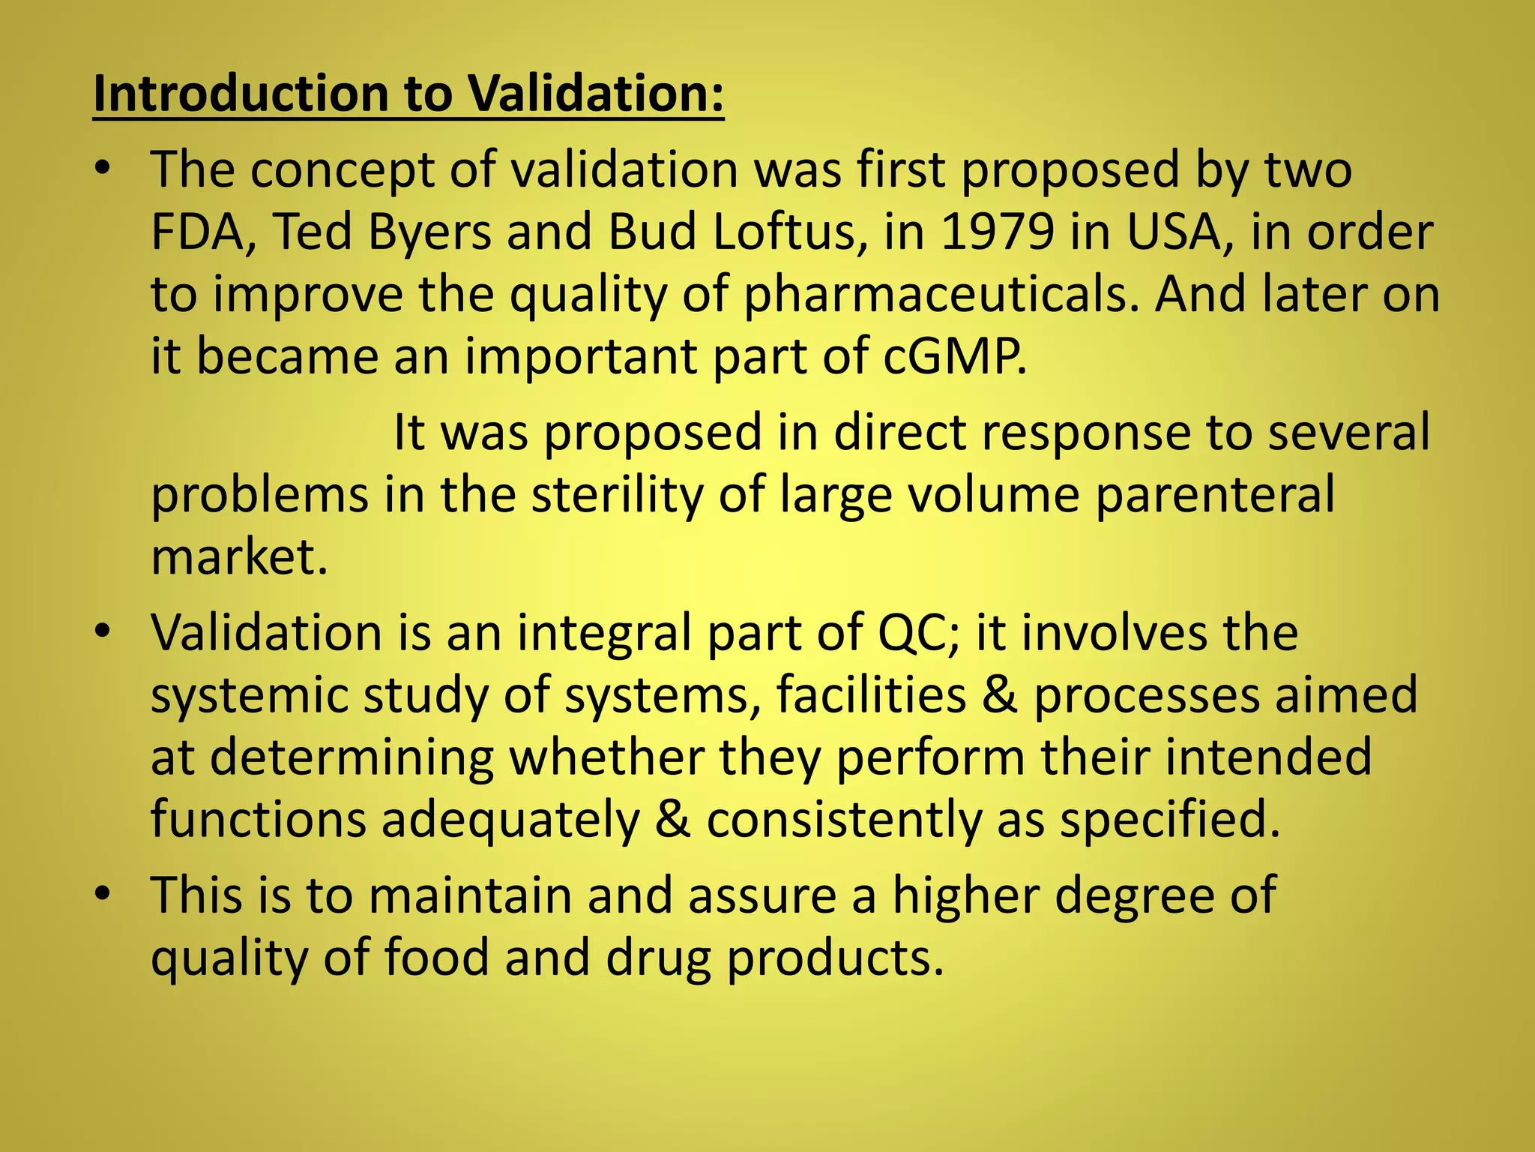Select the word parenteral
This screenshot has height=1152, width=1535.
pyautogui.click(x=1215, y=496)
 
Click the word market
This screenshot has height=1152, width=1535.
pyautogui.click(x=238, y=558)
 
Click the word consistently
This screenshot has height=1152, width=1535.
pyautogui.click(x=843, y=820)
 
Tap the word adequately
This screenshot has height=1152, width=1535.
pyautogui.click(x=510, y=820)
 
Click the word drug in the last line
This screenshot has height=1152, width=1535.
pyautogui.click(x=657, y=959)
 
